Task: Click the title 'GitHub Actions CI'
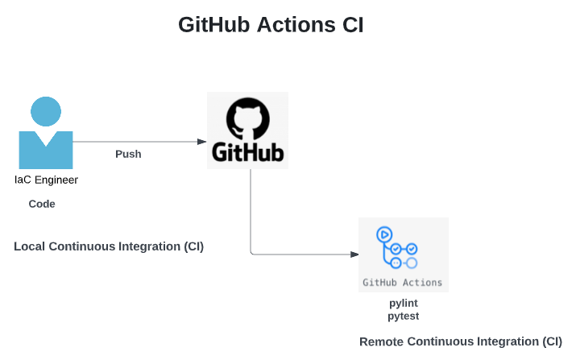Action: coord(271,25)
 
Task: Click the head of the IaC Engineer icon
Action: coord(46,112)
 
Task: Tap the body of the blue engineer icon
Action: coord(46,151)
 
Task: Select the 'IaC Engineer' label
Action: coord(46,180)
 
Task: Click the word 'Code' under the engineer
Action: coord(42,205)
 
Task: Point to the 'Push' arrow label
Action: coord(128,154)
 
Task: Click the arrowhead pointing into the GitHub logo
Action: coord(202,142)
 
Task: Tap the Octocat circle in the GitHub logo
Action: coord(247,119)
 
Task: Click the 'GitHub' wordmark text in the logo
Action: coord(247,152)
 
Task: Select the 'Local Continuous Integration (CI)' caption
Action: coord(109,246)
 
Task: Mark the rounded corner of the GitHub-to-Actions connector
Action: coord(252,253)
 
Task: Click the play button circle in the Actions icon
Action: coord(384,234)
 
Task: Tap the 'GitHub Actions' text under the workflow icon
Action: coord(403,283)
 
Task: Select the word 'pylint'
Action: coord(403,304)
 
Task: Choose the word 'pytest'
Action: coord(403,317)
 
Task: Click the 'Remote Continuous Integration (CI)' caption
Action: coord(461,341)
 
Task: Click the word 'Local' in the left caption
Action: coord(29,246)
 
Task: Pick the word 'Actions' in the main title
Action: coord(292,25)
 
